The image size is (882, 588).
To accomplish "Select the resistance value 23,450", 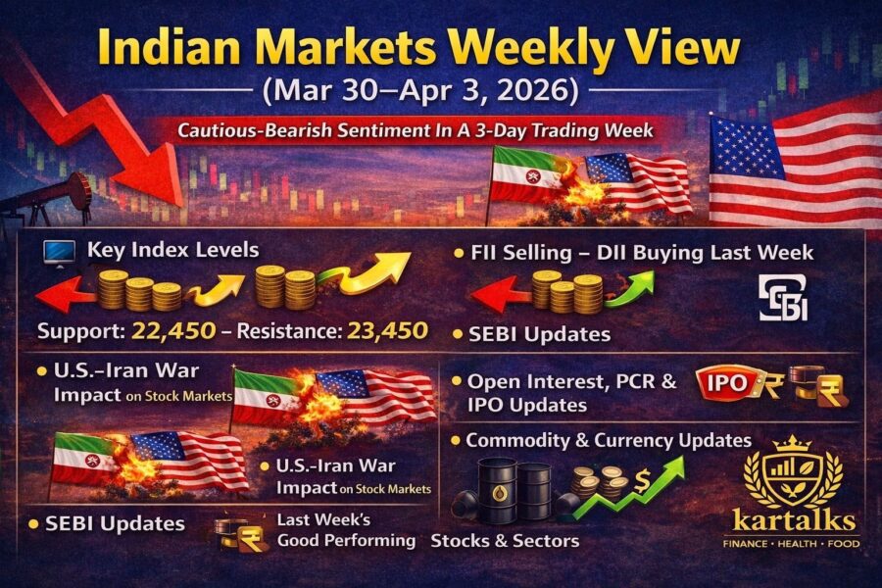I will tap(387, 331).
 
